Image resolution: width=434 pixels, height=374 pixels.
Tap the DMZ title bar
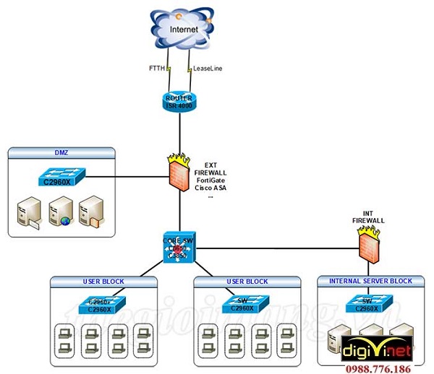coord(61,152)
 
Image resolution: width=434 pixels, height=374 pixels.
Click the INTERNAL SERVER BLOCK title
coord(370,281)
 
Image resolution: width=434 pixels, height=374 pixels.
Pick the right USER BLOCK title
coord(246,281)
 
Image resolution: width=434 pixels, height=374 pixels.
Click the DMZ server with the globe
coord(59,209)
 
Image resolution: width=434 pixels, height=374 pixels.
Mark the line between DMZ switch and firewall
coord(130,175)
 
